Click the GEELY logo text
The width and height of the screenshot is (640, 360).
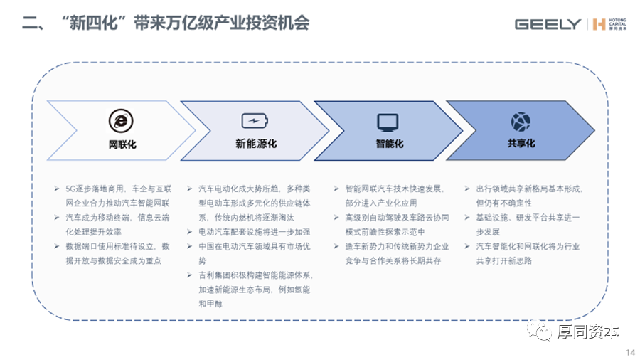548,24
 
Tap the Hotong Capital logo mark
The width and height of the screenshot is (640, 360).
598,24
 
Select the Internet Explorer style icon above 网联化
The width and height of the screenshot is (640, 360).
122,120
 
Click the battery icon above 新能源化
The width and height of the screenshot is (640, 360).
255,120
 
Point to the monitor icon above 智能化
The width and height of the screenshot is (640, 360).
388,122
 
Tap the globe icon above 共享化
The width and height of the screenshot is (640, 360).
521,120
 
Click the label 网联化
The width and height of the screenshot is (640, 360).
122,144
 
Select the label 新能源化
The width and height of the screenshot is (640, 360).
255,144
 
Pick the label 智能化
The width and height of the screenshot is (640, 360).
388,144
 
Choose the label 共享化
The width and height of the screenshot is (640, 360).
521,144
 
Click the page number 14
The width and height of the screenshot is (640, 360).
629,352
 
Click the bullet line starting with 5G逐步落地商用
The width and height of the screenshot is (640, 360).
117,189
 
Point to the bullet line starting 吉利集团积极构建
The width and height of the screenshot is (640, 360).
256,275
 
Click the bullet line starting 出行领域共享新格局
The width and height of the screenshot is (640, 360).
528,189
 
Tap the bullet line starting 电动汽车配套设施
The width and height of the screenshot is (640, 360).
253,232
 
